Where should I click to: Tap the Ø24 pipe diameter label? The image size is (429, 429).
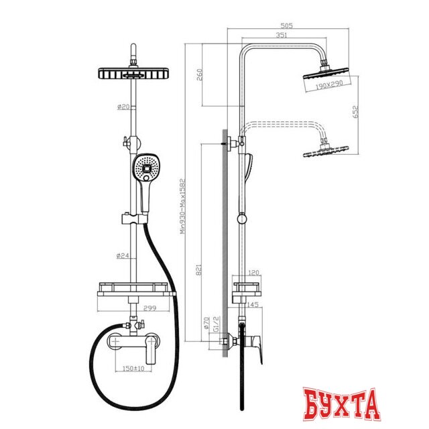click(x=122, y=255)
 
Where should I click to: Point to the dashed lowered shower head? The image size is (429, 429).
click(x=324, y=151)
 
